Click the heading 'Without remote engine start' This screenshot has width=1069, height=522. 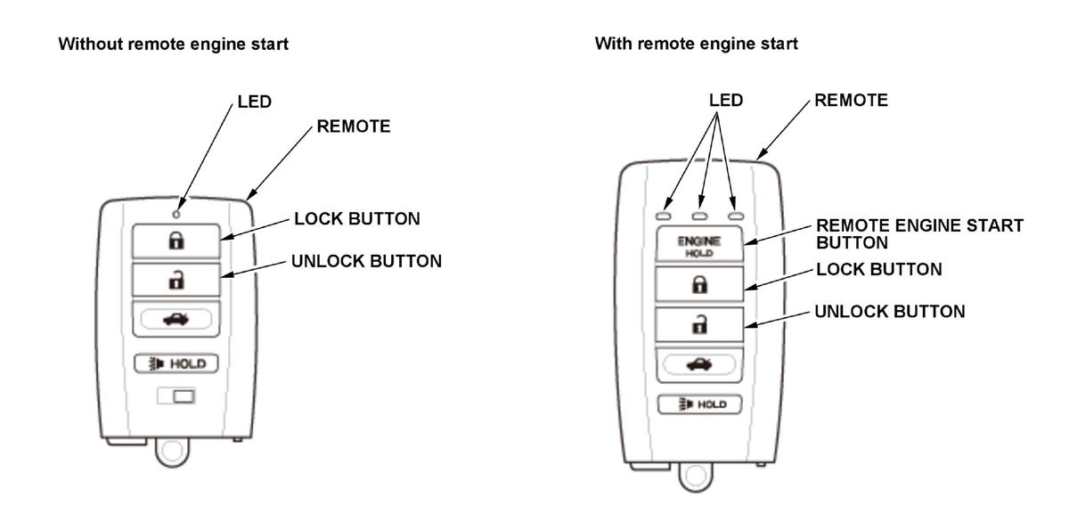click(173, 44)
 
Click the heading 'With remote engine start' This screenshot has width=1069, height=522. click(696, 44)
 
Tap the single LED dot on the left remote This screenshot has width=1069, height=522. click(176, 214)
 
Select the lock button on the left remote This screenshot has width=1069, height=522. click(176, 241)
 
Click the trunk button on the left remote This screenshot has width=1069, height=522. click(176, 319)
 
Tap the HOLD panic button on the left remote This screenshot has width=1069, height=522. click(176, 363)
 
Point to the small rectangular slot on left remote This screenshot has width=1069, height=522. click(176, 396)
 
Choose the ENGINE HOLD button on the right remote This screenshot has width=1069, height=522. click(700, 245)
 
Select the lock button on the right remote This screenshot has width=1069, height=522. click(700, 285)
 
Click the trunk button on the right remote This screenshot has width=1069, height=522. click(700, 363)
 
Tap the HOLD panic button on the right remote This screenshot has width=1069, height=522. click(700, 404)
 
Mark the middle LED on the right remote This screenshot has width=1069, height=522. click(700, 216)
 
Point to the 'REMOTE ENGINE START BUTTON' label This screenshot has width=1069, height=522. click(919, 233)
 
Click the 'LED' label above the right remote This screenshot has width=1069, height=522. click(725, 101)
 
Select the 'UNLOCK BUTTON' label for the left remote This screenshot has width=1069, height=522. click(366, 262)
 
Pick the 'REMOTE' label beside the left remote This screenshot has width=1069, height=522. click(353, 127)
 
